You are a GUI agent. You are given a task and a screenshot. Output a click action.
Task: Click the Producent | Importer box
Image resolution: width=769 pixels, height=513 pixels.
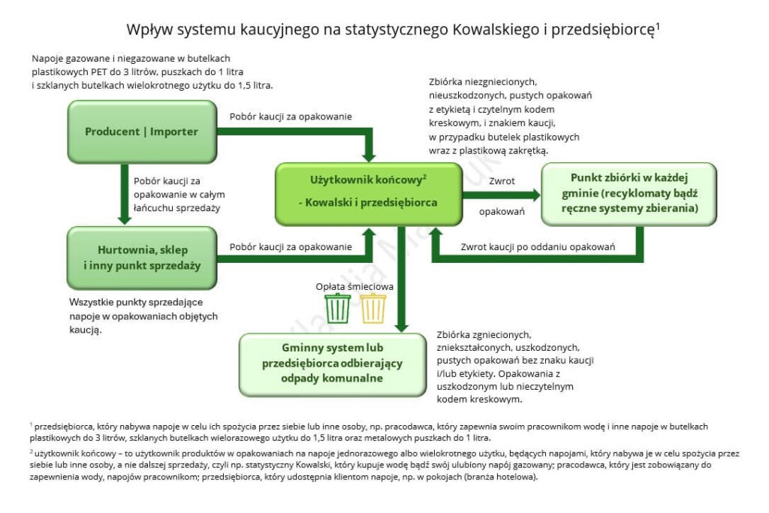click(141, 131)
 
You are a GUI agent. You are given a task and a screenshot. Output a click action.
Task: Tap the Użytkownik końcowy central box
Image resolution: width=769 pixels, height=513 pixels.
click(368, 192)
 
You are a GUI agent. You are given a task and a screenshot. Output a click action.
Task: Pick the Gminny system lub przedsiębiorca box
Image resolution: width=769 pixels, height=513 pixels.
click(332, 364)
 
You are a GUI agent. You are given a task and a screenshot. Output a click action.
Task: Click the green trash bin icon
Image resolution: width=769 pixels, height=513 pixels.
click(337, 308)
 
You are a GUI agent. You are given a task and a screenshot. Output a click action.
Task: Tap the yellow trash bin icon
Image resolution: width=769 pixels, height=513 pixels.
click(373, 308)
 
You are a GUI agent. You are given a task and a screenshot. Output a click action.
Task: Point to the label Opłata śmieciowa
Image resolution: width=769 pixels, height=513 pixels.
click(354, 286)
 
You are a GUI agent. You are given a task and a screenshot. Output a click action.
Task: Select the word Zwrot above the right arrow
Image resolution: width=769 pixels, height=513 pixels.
click(501, 181)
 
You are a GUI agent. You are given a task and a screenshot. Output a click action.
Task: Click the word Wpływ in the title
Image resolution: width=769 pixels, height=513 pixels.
click(146, 29)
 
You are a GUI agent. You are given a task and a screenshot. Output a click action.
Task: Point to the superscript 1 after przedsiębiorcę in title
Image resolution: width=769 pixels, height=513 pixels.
click(657, 25)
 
